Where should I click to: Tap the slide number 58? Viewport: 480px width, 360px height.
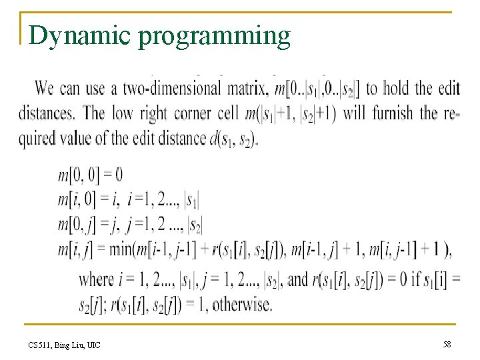click(x=446, y=344)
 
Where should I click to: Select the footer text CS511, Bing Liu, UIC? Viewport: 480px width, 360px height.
click(x=65, y=345)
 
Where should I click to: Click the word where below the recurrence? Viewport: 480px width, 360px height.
click(x=95, y=279)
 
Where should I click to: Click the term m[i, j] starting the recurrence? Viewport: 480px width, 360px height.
click(x=75, y=251)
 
